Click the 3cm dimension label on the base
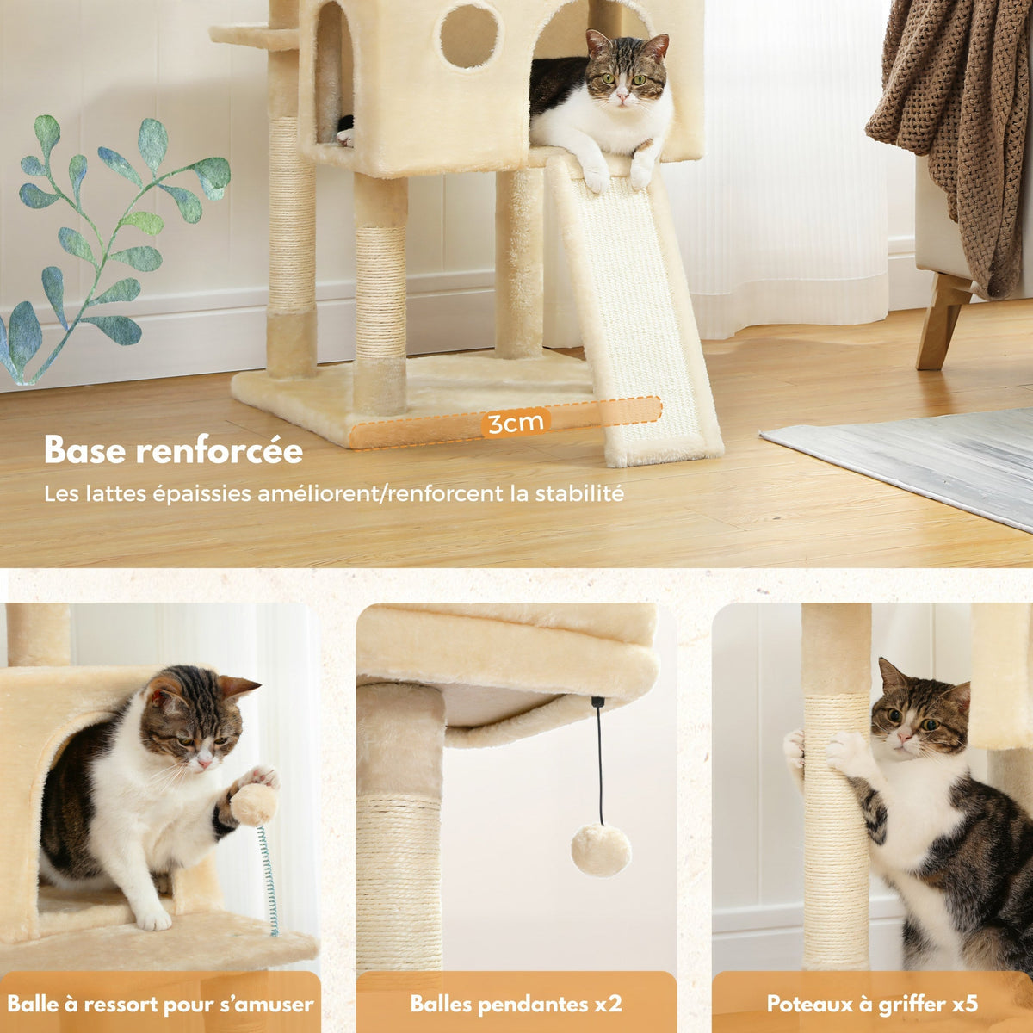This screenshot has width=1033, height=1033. coord(515,423)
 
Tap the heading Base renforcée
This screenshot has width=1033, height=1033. coord(173,451)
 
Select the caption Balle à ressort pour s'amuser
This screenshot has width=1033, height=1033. coord(160,1004)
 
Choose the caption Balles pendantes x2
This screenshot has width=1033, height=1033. coord(516,1004)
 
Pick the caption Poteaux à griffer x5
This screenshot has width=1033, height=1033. coord(872,1004)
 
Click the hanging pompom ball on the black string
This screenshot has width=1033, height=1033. coord(601,851)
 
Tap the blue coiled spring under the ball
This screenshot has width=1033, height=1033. coord(269,878)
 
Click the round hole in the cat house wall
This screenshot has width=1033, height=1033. coord(469,36)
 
